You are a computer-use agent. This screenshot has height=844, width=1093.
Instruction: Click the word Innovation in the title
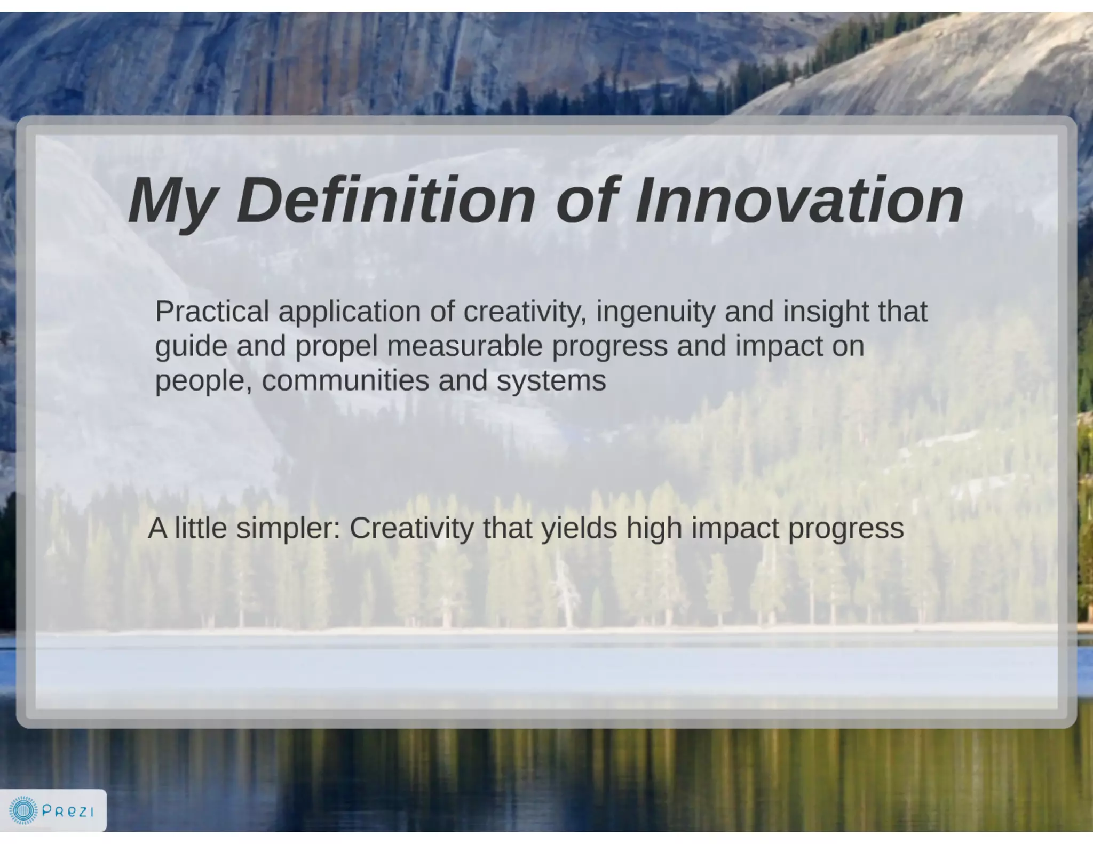click(799, 201)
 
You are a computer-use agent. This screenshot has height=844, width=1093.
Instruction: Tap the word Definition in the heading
click(385, 201)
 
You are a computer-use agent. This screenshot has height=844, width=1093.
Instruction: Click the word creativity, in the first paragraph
click(525, 313)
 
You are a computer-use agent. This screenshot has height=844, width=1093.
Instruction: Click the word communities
click(345, 381)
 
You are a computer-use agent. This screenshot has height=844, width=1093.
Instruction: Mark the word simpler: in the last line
click(288, 529)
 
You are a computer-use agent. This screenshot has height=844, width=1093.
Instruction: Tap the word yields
click(579, 529)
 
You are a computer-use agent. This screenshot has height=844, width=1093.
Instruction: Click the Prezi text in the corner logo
click(68, 811)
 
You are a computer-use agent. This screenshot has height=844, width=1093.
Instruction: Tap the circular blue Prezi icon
click(23, 811)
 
